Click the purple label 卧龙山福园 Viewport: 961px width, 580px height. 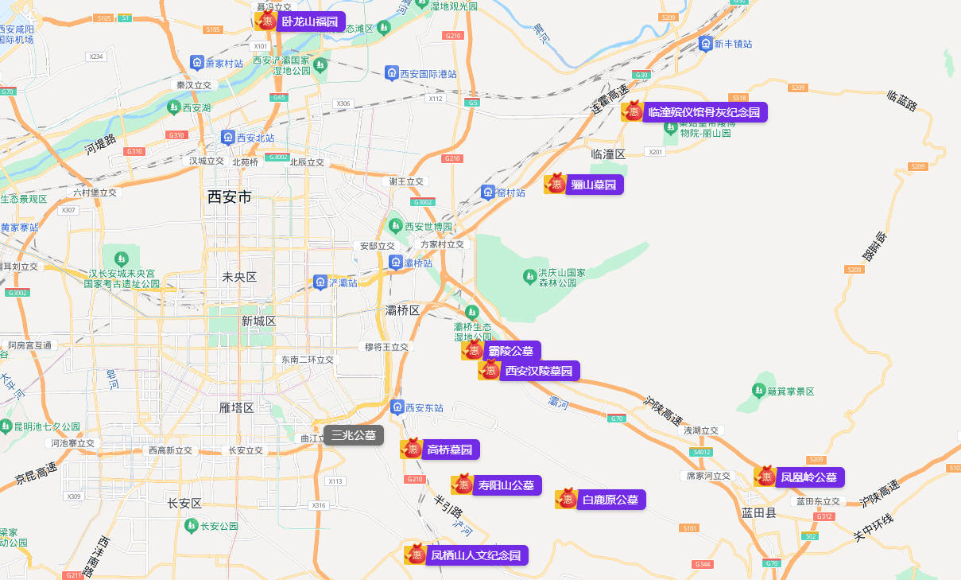point(310,21)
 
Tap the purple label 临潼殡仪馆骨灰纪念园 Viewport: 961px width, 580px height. point(704,112)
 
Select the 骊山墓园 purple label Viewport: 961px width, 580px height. point(594,185)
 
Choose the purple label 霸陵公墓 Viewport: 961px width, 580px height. point(511,351)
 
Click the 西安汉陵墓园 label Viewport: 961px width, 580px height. point(538,371)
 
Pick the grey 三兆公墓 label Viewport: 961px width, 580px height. point(354,435)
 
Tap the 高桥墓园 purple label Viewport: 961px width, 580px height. point(450,450)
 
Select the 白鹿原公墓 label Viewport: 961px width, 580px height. point(610,500)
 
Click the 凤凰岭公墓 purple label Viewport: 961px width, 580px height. point(808,477)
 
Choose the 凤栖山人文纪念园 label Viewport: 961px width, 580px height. point(475,555)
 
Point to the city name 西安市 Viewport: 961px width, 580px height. point(229,197)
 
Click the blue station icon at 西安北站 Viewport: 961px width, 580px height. point(228,138)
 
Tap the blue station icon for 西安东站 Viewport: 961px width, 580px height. point(397,407)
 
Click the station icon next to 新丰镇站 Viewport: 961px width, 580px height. point(705,44)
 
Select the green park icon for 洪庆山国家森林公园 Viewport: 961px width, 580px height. point(529,276)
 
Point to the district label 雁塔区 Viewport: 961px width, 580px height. point(236,407)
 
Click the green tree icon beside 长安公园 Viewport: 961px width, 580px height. point(191,526)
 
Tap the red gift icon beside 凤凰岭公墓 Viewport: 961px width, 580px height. point(765,477)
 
